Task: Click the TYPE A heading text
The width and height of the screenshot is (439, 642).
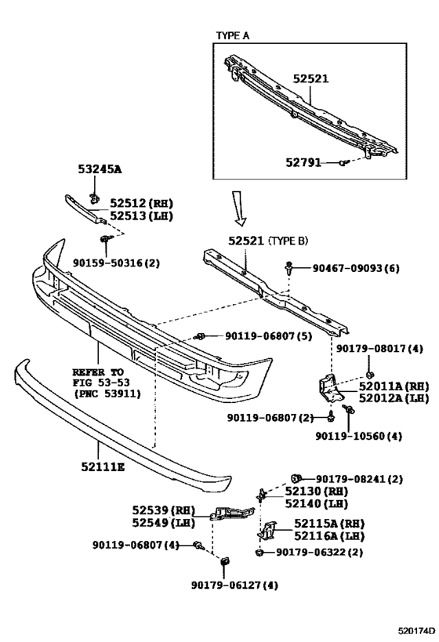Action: click(234, 36)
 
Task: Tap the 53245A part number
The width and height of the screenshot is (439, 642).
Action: click(100, 169)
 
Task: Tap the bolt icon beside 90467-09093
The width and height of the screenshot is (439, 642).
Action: click(290, 268)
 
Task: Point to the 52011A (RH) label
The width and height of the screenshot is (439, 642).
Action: click(394, 386)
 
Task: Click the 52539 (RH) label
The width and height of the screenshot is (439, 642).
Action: click(161, 510)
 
